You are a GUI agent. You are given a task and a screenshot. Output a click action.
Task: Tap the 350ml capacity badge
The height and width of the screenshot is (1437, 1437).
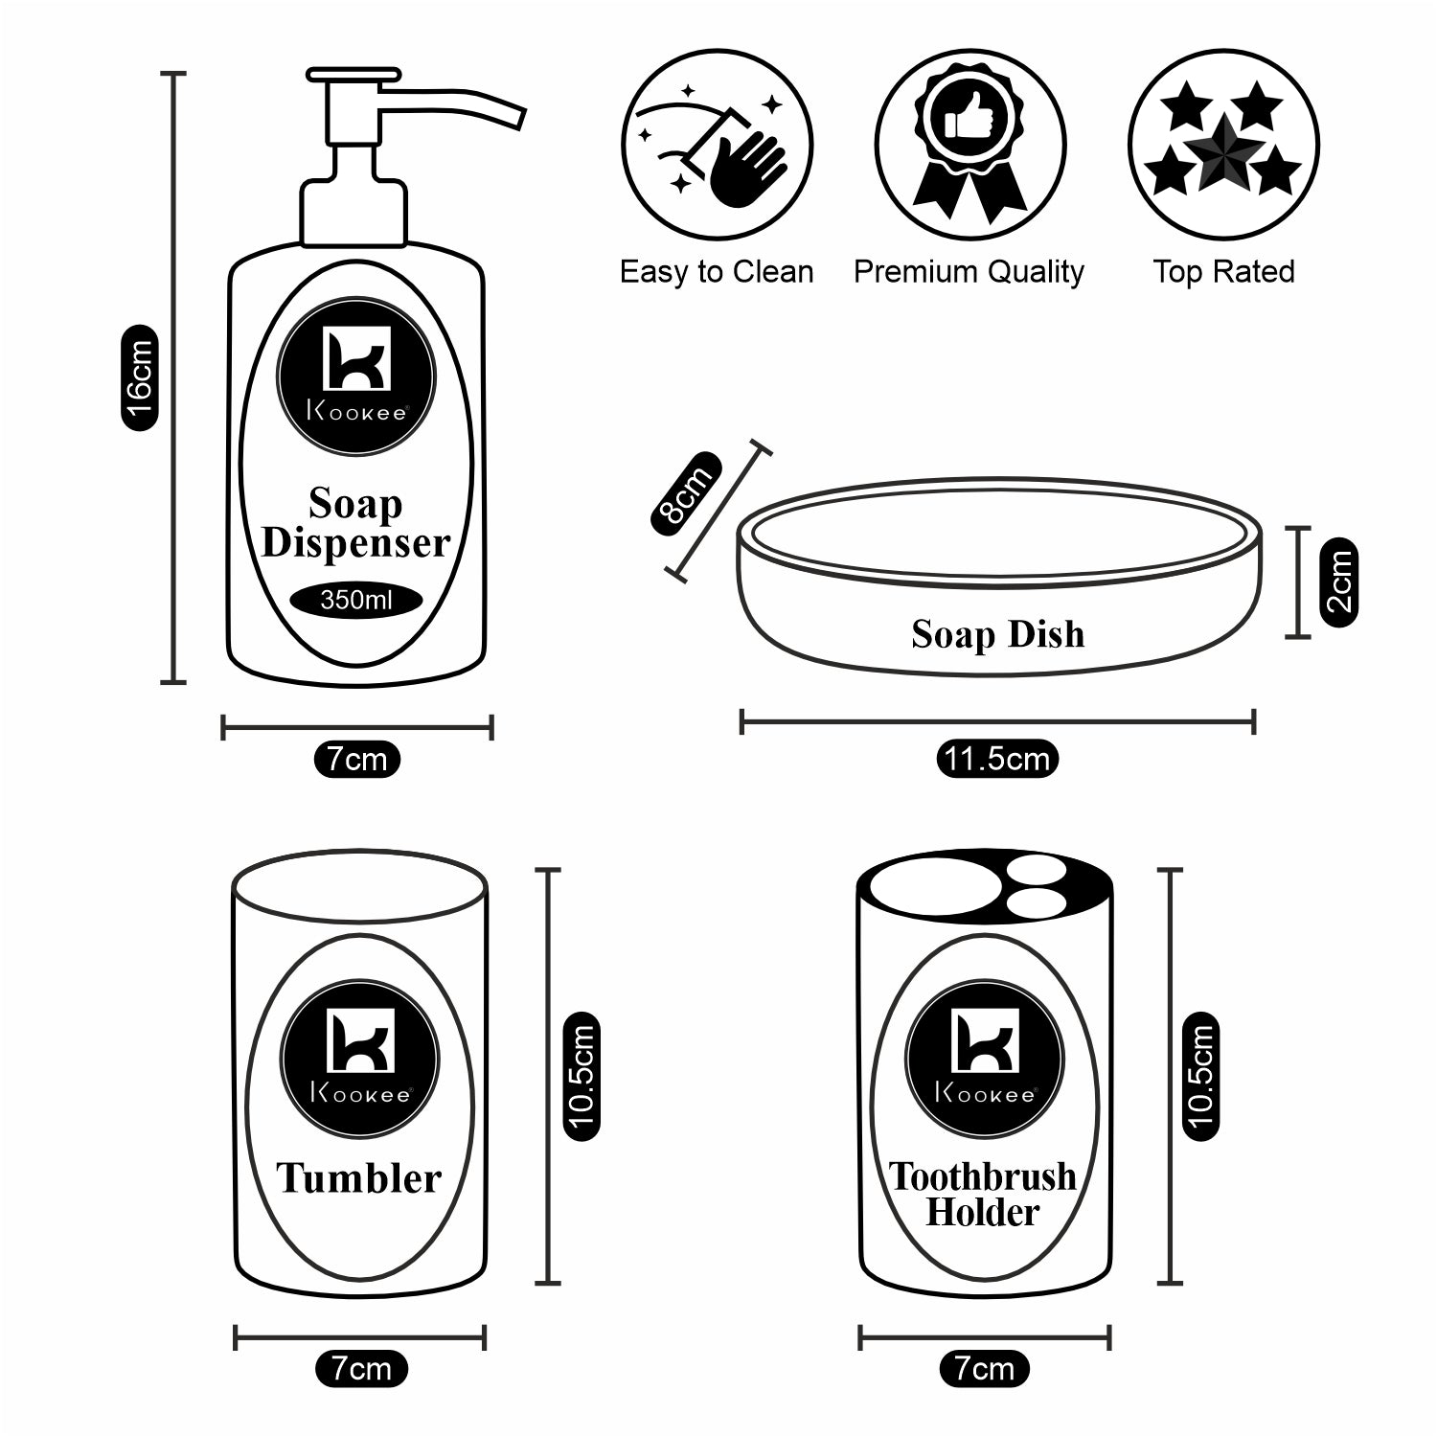coord(356,601)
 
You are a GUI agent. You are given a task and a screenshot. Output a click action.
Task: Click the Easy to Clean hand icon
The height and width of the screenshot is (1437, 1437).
coord(717,146)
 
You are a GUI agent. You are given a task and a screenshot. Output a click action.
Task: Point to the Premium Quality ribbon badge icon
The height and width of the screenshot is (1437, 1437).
coord(969,146)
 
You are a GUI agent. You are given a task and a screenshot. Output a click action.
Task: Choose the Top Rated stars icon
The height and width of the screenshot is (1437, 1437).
coord(1223,146)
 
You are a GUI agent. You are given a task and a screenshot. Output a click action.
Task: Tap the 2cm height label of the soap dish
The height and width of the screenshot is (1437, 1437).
coord(1339,582)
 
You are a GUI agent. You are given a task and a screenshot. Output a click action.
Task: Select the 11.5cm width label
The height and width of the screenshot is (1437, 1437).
coord(996,760)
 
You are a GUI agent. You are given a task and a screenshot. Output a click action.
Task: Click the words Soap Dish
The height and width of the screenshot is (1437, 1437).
coord(997,634)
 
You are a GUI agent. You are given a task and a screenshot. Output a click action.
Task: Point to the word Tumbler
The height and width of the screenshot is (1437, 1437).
coord(359,1178)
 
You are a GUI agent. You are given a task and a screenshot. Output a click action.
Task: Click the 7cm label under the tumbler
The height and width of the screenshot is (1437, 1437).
coord(361,1369)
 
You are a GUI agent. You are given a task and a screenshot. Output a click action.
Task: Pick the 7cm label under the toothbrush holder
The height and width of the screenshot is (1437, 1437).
coord(984,1369)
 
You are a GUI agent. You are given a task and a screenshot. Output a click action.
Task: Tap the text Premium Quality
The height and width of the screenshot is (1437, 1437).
coord(969,272)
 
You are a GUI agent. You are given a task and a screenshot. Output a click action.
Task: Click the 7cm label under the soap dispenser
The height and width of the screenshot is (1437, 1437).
coord(356,760)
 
